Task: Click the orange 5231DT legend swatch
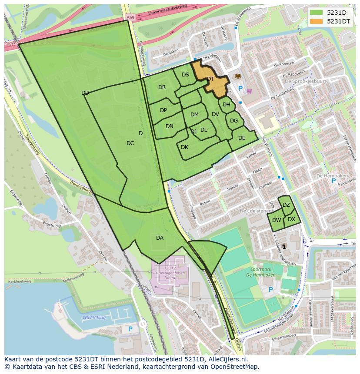pos(316,21)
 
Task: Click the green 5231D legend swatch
pos(316,13)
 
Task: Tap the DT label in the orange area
pos(210,79)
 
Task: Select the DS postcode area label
pos(185,75)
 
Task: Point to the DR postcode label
pos(162,87)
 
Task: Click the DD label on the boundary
pos(85,93)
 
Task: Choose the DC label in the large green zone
pos(130,143)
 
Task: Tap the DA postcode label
pos(160,238)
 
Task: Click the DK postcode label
pos(184,147)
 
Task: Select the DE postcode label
pos(242,138)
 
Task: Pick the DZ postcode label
pos(286,205)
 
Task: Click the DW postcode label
pos(277,220)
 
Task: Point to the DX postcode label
pos(291,219)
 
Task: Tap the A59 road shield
pos(130,17)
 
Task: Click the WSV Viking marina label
pos(94,318)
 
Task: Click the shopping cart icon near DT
pos(249,91)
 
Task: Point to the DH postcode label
pos(226,105)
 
